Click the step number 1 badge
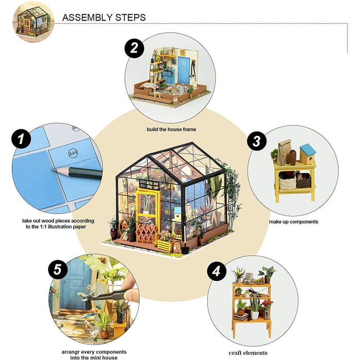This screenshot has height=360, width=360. coord(21,139)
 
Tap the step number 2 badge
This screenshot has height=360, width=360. coord(134,48)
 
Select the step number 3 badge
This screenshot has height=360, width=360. coord(257,141)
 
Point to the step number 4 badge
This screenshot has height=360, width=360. coord(217,271)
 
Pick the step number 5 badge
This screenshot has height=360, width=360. coord(58,269)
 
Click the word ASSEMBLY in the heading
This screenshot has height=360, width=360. coord(87,17)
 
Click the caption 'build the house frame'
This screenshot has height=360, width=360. coord(171,129)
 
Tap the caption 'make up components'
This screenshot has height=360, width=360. coord(294,222)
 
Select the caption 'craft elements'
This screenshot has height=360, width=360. coord(248,353)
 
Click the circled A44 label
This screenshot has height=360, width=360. coord(73,153)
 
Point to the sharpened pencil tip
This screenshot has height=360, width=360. coord(53,170)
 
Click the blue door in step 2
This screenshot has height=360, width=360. coord(184,70)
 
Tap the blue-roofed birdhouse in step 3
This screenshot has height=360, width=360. coord(308,154)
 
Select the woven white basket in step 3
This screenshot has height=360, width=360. coord(287,181)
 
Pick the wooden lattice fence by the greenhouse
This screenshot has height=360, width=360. coord(146,233)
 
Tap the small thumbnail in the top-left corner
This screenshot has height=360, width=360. coord(33,22)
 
